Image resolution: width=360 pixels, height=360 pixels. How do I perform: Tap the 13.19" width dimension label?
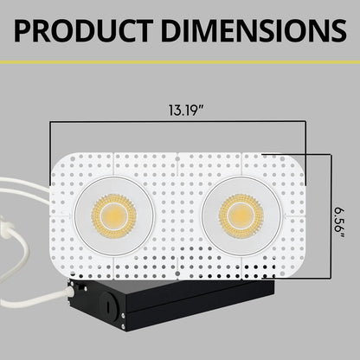[x=180, y=110]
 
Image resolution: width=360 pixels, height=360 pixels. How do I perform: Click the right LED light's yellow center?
[x=241, y=212]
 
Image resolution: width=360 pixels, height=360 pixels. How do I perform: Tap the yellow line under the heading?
[x=180, y=62]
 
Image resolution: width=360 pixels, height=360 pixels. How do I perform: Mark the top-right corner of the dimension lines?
[x=305, y=123]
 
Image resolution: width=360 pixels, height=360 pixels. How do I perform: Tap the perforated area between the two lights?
[x=177, y=212]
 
